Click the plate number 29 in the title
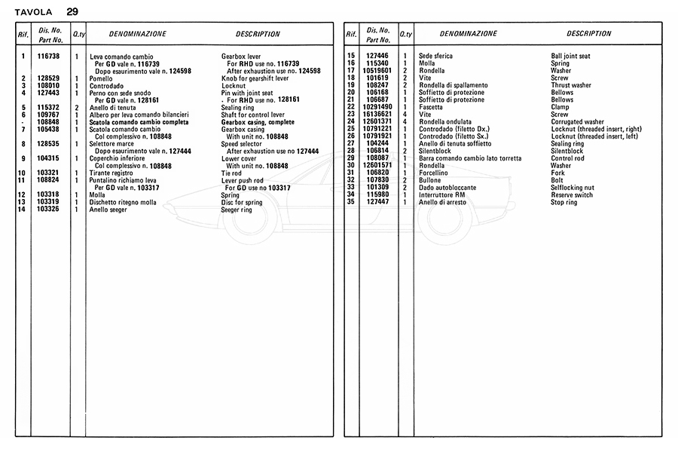point(72,11)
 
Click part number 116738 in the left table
point(48,57)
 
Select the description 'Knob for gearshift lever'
point(255,78)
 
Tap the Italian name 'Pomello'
point(101,78)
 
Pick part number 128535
point(48,143)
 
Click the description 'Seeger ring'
point(238,209)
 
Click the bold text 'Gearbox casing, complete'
point(258,121)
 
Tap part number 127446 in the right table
point(378,57)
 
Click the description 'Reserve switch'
point(573,194)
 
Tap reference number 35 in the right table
point(350,202)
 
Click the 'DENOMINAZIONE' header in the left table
point(138,34)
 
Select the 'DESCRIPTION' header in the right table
point(589,34)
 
